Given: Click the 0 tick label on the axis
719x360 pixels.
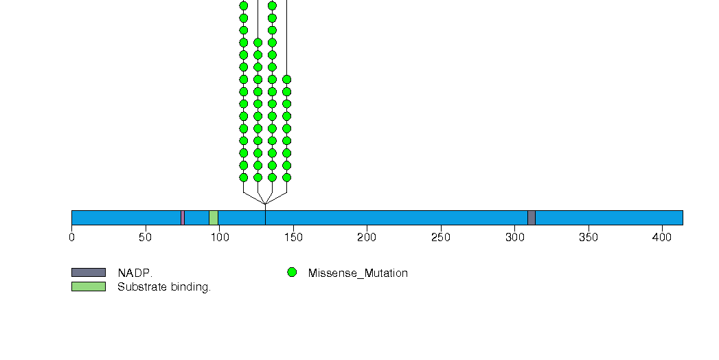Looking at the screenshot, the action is pyautogui.click(x=71, y=237).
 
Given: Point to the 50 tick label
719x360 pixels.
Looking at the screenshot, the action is pyautogui.click(x=146, y=237).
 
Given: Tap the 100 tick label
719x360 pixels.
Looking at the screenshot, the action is pyautogui.click(x=220, y=237).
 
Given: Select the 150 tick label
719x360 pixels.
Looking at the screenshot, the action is pyautogui.click(x=293, y=237).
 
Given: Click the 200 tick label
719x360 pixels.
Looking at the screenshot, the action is pyautogui.click(x=367, y=237).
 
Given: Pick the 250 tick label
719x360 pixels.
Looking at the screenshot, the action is pyautogui.click(x=441, y=237).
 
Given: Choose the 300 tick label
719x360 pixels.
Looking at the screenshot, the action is pyautogui.click(x=514, y=237).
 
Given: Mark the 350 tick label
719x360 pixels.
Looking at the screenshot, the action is pyautogui.click(x=589, y=237).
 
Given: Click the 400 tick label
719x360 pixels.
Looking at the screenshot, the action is pyautogui.click(x=662, y=237).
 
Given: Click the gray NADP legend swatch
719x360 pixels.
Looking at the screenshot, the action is pyautogui.click(x=89, y=273).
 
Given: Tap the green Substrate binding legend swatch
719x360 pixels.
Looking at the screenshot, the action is pyautogui.click(x=89, y=286).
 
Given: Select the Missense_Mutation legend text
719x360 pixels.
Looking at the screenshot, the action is pyautogui.click(x=358, y=273).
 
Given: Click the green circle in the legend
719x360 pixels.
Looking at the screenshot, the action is pyautogui.click(x=292, y=273).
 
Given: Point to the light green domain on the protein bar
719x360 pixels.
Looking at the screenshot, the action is pyautogui.click(x=214, y=218).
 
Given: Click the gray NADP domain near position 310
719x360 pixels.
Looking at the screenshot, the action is pyautogui.click(x=532, y=218).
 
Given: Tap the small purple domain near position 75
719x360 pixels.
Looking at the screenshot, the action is pyautogui.click(x=183, y=218).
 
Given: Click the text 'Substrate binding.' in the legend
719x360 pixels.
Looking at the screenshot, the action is pyautogui.click(x=164, y=287).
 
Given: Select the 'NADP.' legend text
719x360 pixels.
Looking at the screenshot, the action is pyautogui.click(x=135, y=273).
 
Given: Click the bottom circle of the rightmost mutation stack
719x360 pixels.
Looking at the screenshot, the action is pyautogui.click(x=286, y=177).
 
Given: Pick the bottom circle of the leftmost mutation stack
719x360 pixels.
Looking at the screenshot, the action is pyautogui.click(x=244, y=177).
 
